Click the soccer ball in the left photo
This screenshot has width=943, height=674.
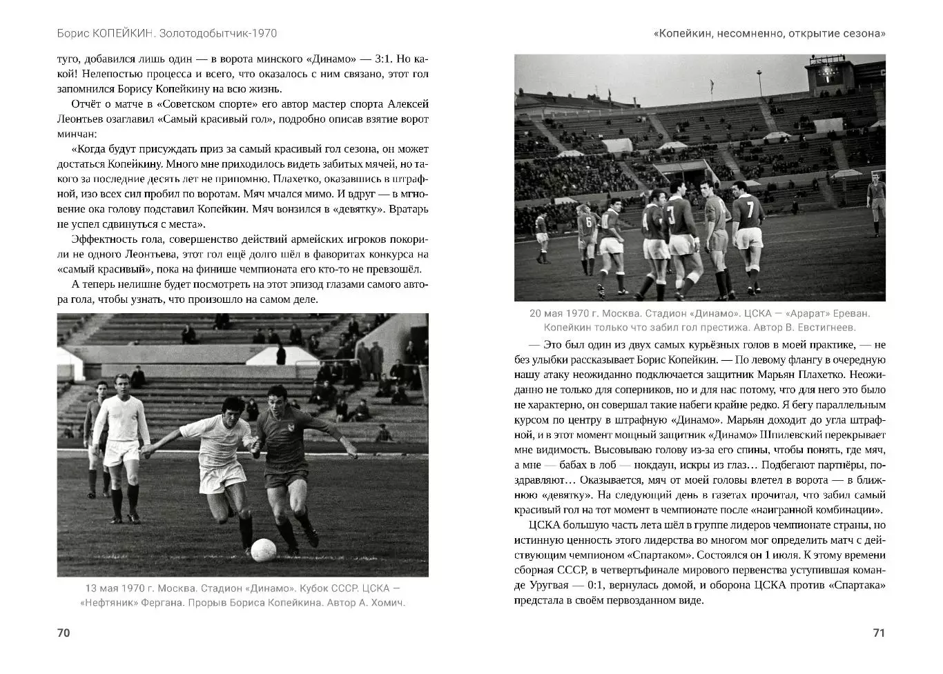(263, 550)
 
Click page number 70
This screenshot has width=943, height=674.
(64, 633)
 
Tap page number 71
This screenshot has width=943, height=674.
(879, 633)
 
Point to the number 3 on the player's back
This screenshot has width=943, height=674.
(670, 214)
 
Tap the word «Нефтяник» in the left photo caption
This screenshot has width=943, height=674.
(110, 602)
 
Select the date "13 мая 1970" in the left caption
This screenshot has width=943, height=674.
(115, 588)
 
